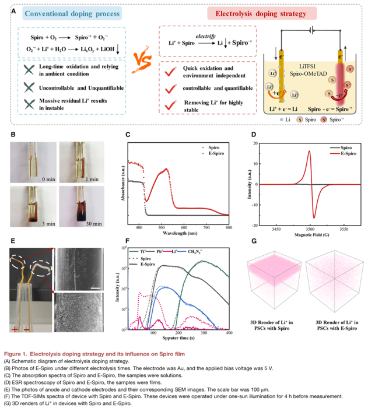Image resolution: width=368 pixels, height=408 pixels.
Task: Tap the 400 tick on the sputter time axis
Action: point(229,333)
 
